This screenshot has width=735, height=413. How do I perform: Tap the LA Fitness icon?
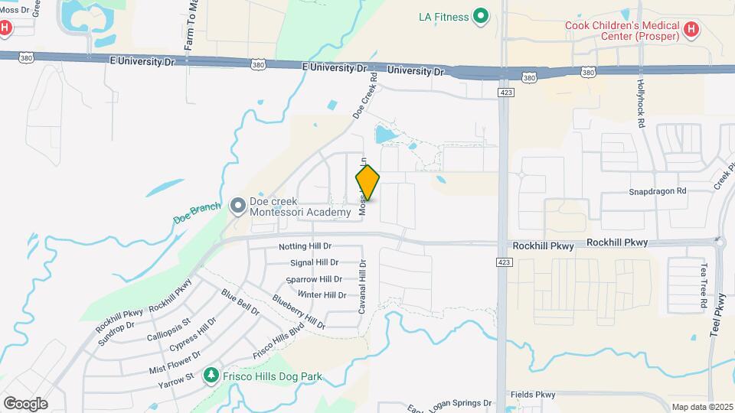tap(481, 15)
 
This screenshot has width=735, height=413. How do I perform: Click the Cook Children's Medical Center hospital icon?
tap(691, 30)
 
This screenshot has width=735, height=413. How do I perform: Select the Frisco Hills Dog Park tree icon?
tap(211, 376)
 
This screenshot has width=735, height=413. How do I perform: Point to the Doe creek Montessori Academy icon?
tap(237, 206)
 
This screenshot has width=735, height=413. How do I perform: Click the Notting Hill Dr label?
tap(305, 246)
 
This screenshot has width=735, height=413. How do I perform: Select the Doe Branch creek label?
tap(197, 213)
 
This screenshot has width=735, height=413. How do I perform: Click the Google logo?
tap(25, 403)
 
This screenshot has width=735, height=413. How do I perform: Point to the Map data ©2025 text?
tap(703, 407)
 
